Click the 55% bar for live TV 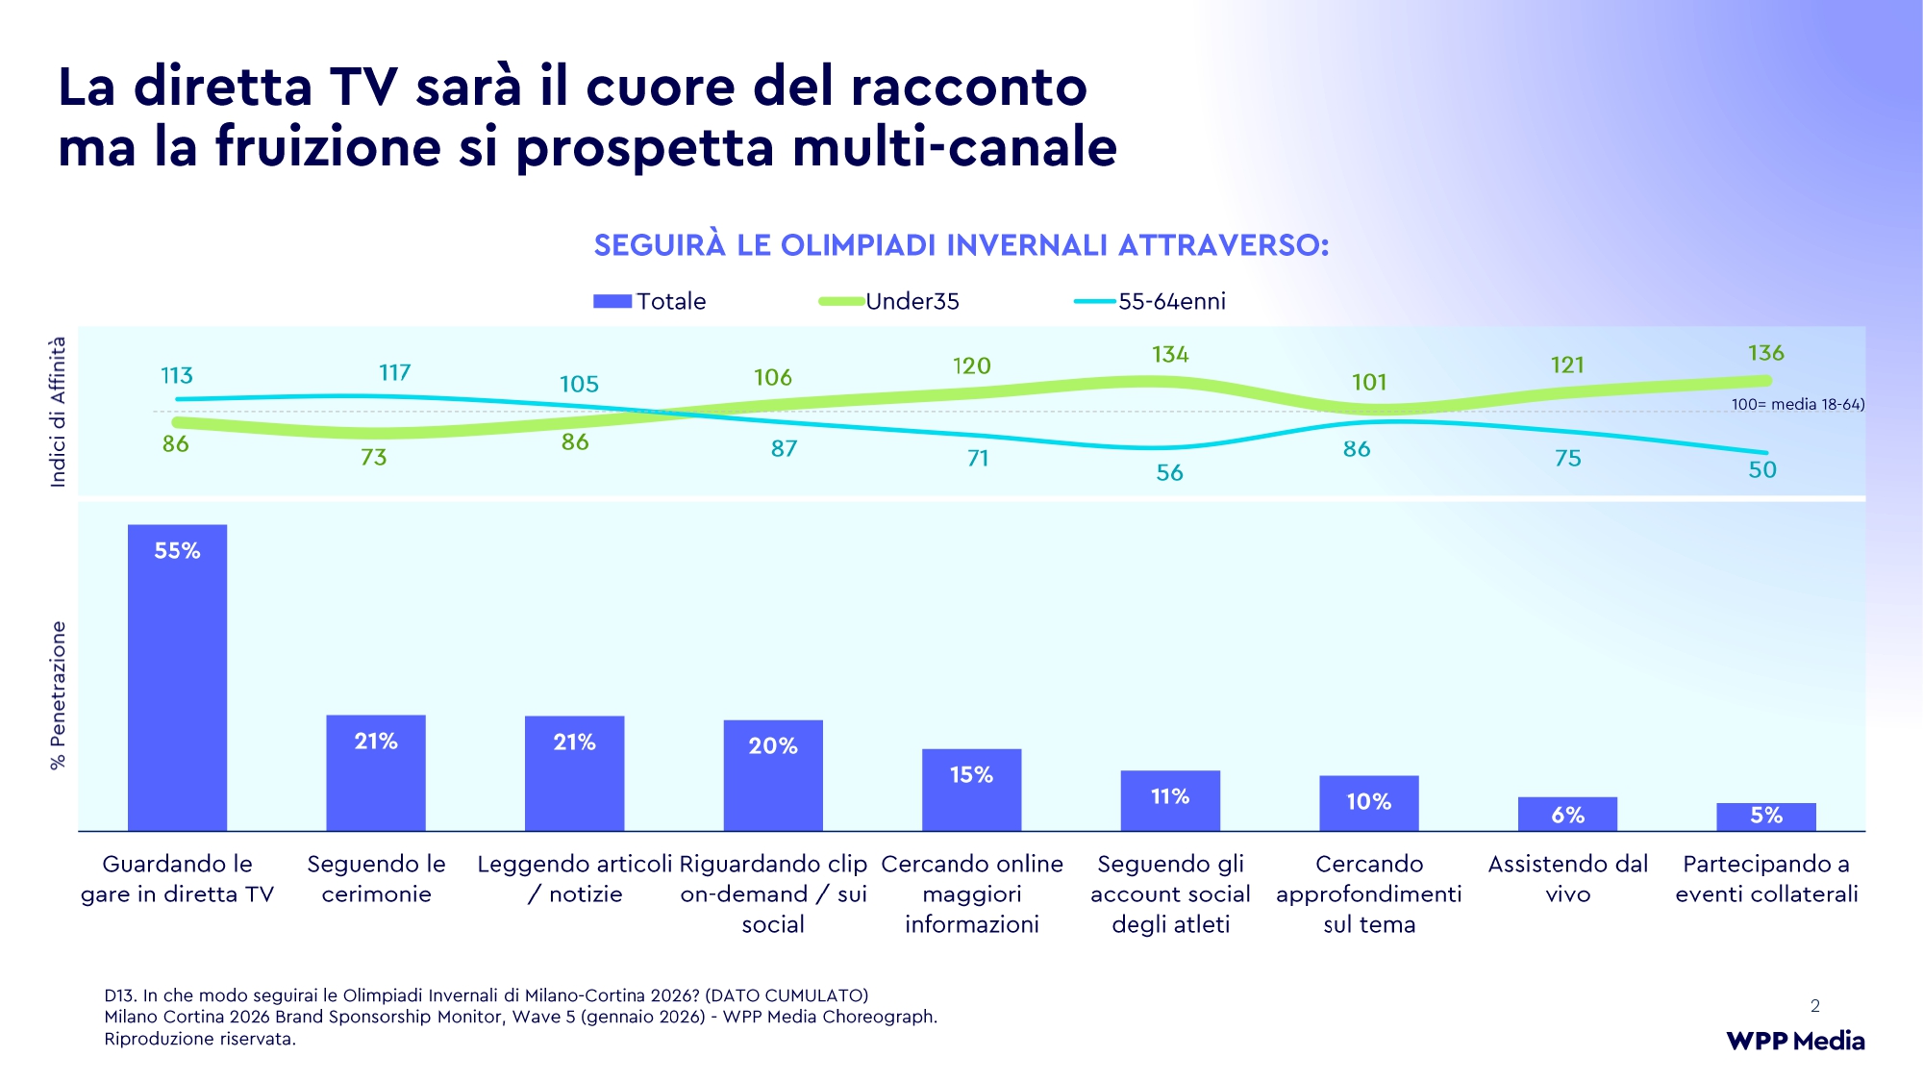coord(177,677)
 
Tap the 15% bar coord(971,790)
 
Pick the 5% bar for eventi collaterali coord(1765,817)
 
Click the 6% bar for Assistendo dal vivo coord(1567,814)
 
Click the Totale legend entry coord(650,301)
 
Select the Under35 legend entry coord(889,301)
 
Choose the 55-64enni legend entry coord(1150,301)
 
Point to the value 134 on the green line coord(1170,355)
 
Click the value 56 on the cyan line coord(1169,472)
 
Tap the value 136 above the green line coord(1765,353)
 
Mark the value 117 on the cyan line coord(394,372)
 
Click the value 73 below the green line coord(373,457)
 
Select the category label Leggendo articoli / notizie coord(574,879)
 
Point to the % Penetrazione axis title coord(59,694)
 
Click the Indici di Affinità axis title coord(59,412)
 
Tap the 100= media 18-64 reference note coord(1797,404)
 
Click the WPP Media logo coord(1794,1041)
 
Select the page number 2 coord(1814,1006)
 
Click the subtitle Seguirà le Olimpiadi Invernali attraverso coord(961,245)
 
